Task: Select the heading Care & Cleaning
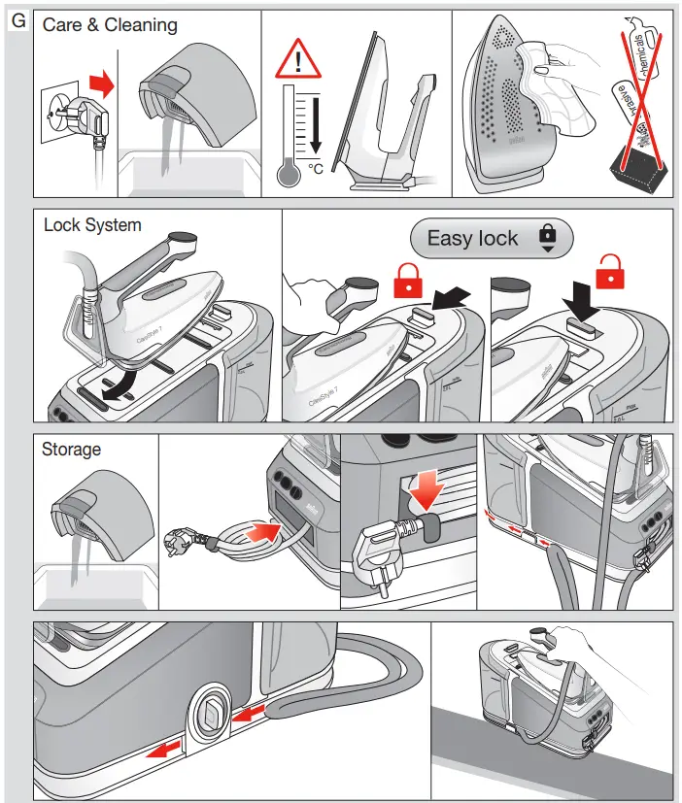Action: point(110,25)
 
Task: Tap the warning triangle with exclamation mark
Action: point(298,60)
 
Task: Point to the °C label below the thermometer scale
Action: point(316,168)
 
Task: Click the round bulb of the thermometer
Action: point(289,174)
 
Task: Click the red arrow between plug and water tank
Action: point(101,84)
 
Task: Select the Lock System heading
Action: point(92,225)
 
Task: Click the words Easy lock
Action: point(472,238)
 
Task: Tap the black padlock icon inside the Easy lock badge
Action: point(547,237)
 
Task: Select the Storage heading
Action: point(71,450)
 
